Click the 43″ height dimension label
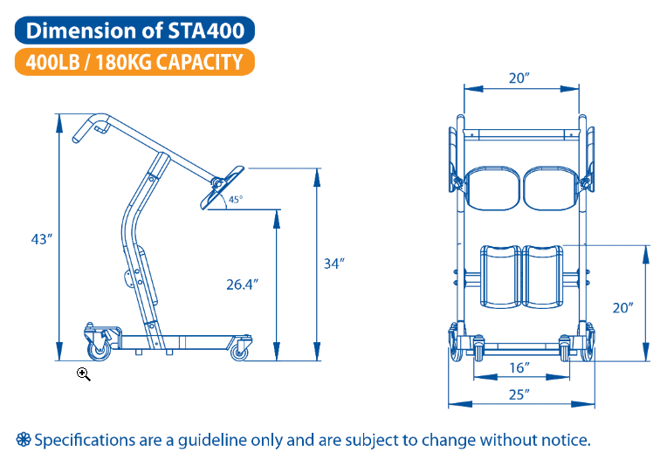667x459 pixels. (41, 239)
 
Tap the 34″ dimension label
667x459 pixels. (333, 264)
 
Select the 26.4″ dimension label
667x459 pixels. (242, 284)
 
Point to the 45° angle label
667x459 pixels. (236, 199)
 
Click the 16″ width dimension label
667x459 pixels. (519, 367)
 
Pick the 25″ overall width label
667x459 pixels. (519, 394)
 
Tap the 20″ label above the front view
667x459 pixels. (519, 79)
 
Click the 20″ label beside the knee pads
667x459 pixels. (622, 307)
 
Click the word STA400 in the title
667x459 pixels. (206, 31)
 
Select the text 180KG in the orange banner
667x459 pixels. (123, 62)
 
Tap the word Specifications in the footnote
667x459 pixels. (85, 441)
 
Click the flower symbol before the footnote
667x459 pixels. (24, 440)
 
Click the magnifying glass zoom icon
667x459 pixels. (84, 374)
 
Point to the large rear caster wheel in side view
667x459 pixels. (100, 350)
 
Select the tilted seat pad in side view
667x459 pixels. (222, 188)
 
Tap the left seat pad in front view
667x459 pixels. (492, 188)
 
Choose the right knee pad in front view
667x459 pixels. (542, 277)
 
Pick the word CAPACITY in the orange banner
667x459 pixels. (199, 62)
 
